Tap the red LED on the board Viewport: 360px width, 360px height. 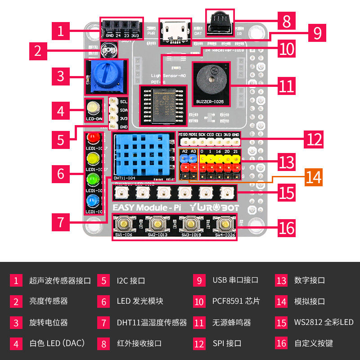click(x=93, y=137)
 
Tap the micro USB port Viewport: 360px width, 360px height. click(x=175, y=30)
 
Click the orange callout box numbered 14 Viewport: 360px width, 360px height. click(x=313, y=177)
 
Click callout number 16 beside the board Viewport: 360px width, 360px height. click(x=287, y=228)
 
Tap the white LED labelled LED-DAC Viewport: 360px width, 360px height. click(x=94, y=108)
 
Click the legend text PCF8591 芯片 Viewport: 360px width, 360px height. click(x=236, y=301)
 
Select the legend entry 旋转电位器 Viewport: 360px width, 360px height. click(x=49, y=322)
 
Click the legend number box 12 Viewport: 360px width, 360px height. click(x=199, y=343)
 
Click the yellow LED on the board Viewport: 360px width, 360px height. click(x=93, y=158)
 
